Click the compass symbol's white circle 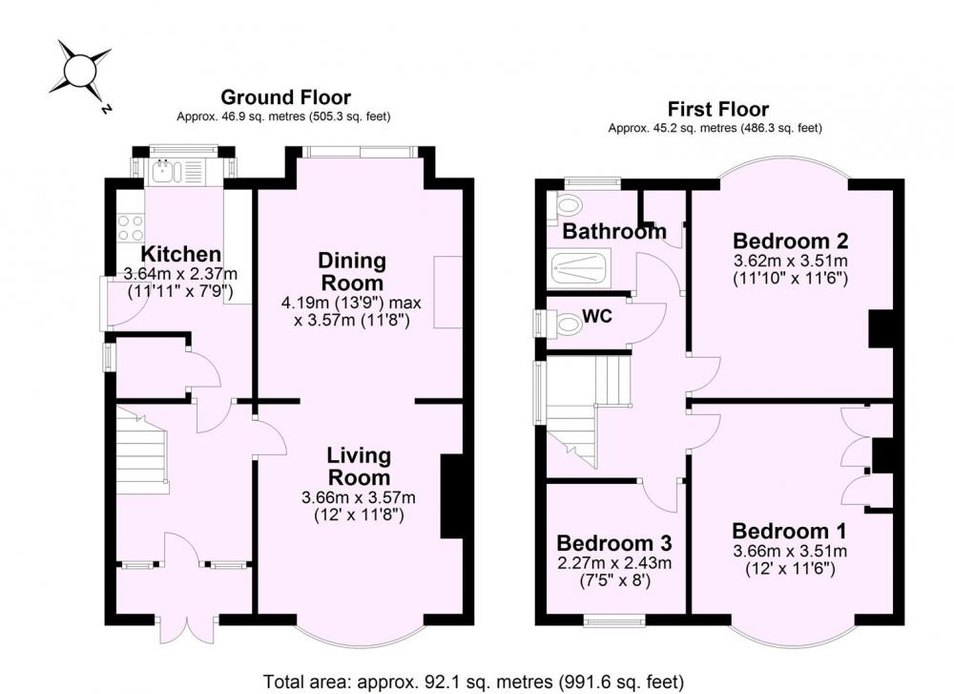[80, 71]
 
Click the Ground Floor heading [285, 97]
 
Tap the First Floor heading [718, 110]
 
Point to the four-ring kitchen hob [131, 228]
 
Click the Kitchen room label [180, 254]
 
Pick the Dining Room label [352, 271]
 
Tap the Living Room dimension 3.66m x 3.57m [359, 498]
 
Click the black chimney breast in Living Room [451, 496]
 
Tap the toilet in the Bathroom [564, 206]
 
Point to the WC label [596, 317]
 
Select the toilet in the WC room [563, 323]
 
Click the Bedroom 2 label [790, 242]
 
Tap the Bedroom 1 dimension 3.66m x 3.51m [790, 552]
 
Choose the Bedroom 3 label [613, 542]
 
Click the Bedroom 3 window [613, 620]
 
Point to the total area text [473, 682]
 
